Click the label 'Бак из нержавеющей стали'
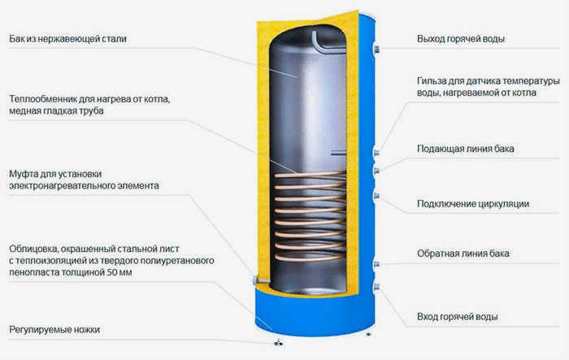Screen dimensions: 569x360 click(x=67, y=39)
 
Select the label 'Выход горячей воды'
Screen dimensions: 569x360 click(x=461, y=39)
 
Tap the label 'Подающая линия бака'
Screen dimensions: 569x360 click(x=466, y=149)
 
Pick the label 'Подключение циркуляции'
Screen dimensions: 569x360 click(x=473, y=204)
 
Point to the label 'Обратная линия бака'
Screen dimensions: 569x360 click(x=463, y=254)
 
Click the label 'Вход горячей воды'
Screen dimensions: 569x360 click(x=457, y=317)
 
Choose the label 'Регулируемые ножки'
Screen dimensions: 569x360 click(x=54, y=330)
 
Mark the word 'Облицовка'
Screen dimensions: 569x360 click(x=33, y=249)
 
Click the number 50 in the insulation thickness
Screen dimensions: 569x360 click(x=112, y=272)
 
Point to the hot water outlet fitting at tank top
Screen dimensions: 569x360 click(x=376, y=49)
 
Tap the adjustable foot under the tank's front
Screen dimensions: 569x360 click(x=278, y=342)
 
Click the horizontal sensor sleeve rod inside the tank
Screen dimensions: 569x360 click(x=338, y=153)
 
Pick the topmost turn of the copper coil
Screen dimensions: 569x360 click(x=310, y=175)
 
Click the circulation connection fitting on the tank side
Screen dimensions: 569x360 click(x=376, y=197)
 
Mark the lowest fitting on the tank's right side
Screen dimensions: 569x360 click(x=376, y=287)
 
